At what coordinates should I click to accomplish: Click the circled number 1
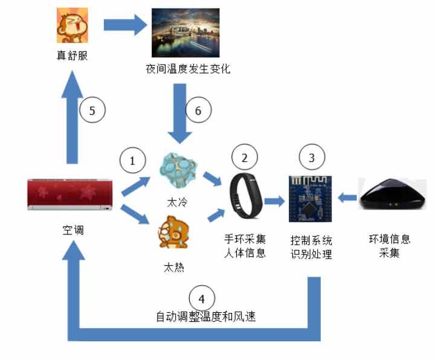[132, 161]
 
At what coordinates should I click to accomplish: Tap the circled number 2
[245, 158]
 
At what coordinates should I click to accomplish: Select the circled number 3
[312, 158]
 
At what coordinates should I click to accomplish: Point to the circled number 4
[201, 298]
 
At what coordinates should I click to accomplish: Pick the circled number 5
[92, 111]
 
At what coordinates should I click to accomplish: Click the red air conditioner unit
[71, 194]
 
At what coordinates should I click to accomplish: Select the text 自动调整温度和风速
[205, 316]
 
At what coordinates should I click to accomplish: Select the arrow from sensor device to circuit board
[349, 196]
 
